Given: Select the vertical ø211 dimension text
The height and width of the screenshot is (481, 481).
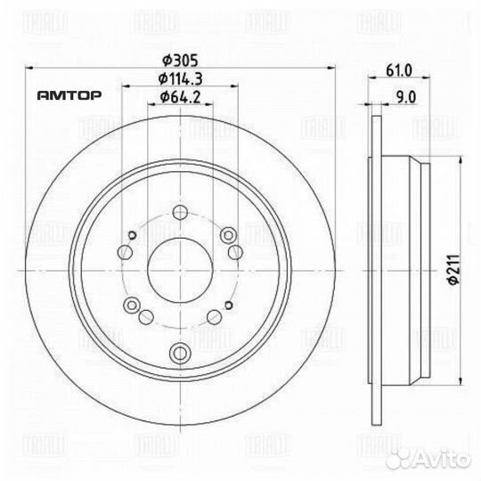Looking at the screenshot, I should (x=452, y=266).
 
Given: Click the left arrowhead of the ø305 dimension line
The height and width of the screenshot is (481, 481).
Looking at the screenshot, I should (x=32, y=68).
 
